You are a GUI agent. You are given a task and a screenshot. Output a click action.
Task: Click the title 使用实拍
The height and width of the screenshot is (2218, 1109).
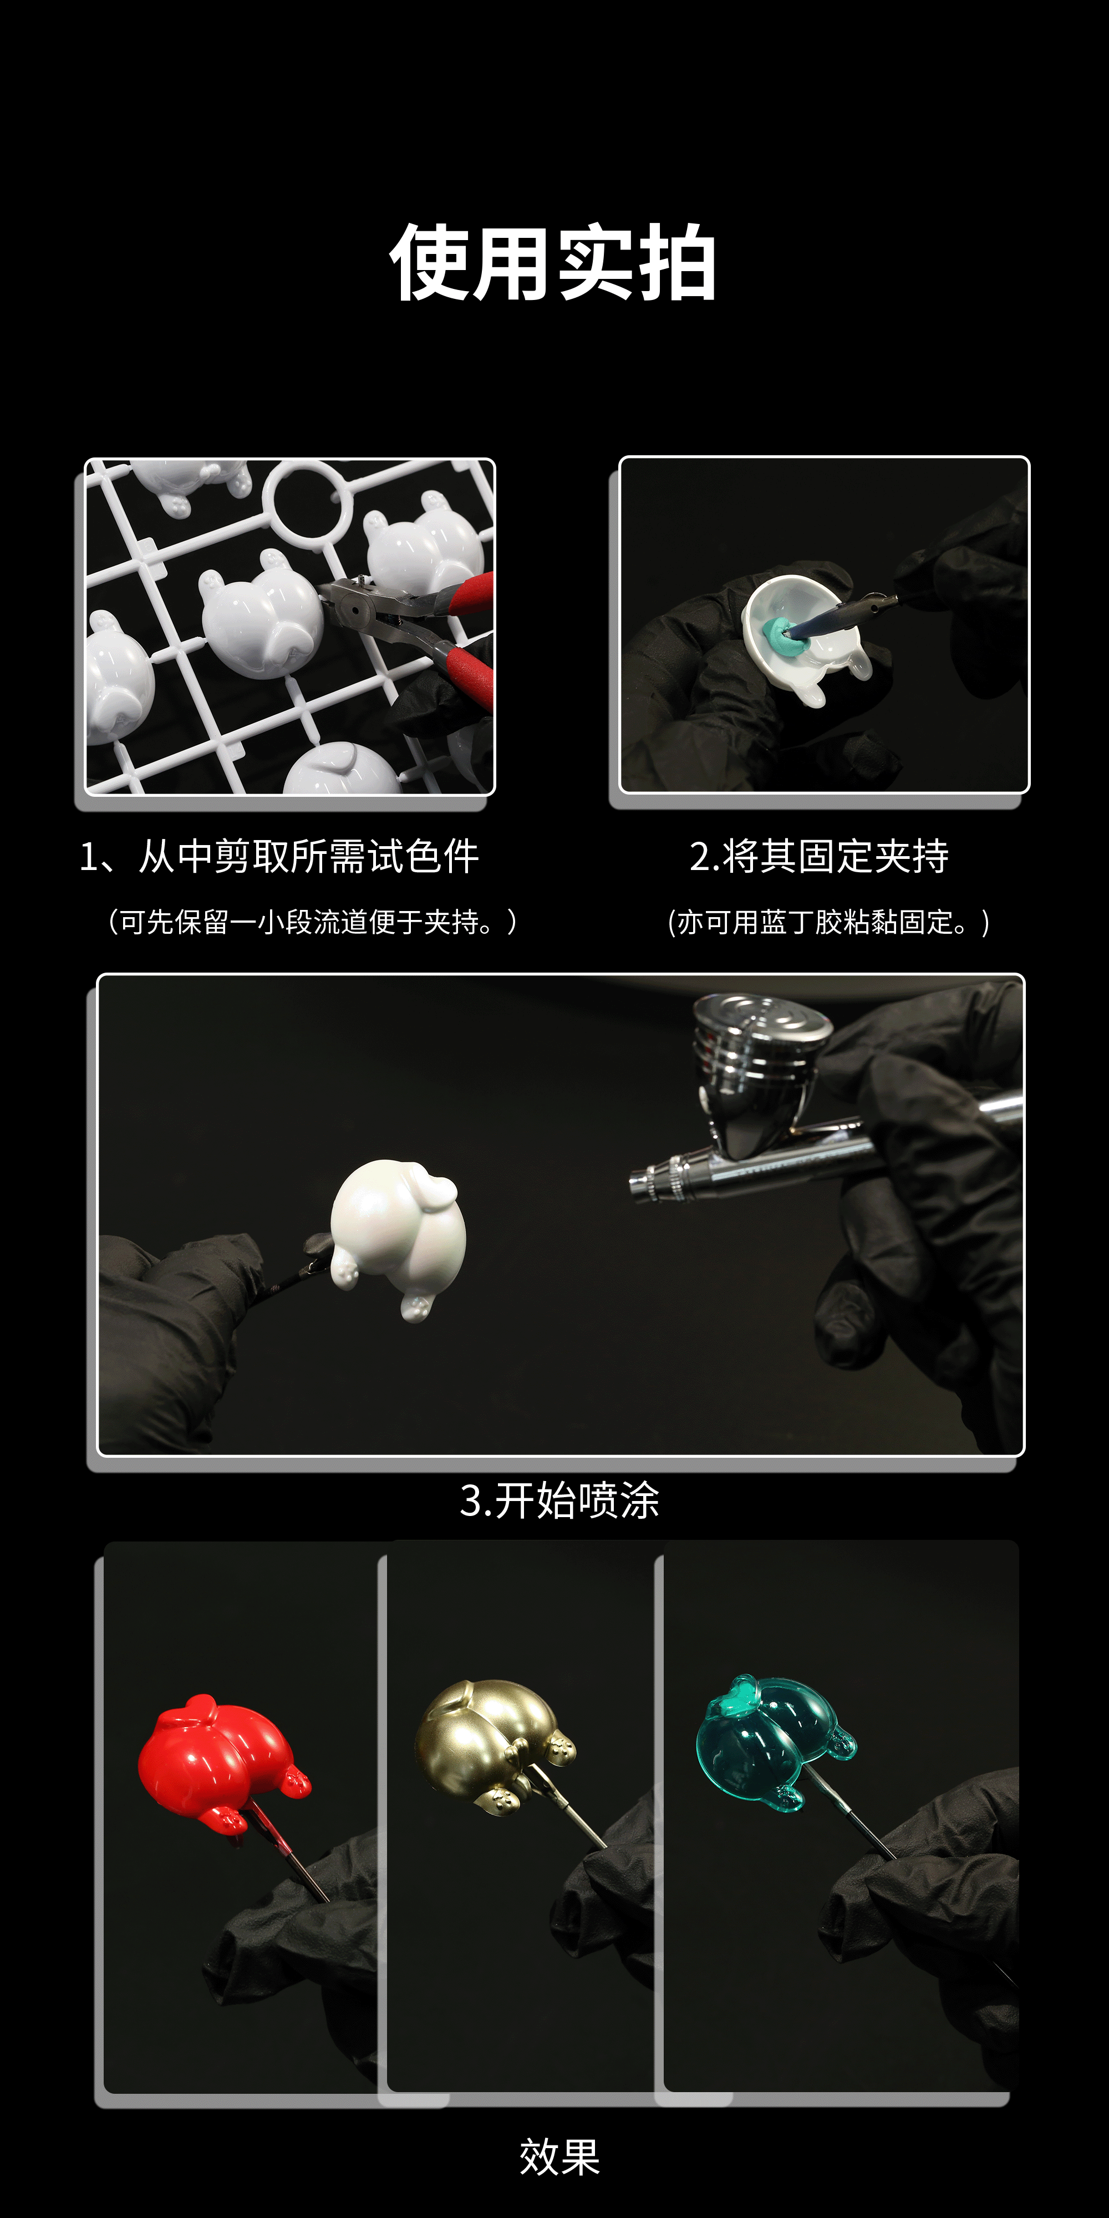553,263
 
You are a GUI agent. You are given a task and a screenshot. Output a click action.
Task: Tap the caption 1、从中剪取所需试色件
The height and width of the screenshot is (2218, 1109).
279,857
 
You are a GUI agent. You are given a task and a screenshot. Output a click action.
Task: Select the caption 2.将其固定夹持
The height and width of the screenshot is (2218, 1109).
819,857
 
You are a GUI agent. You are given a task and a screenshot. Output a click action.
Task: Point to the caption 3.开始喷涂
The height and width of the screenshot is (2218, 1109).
559,1502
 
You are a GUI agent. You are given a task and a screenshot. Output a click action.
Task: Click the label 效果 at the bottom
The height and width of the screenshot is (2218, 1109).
559,2157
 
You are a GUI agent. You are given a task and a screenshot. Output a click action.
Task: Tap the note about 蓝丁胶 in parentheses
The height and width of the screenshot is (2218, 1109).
828,922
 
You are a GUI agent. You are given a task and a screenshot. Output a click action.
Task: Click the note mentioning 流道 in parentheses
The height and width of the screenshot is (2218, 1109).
312,922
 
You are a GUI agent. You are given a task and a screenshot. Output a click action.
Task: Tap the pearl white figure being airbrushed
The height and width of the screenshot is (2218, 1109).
398,1234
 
